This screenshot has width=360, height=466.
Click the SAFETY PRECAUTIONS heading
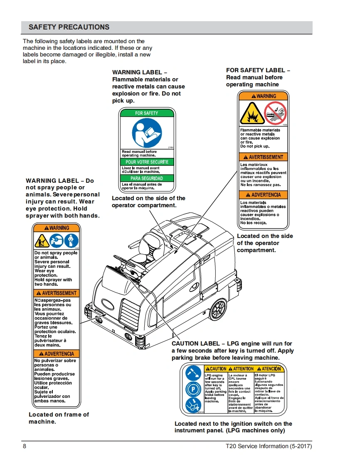point(69,27)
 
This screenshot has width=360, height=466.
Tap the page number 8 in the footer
point(25,446)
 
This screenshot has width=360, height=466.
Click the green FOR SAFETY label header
point(147,113)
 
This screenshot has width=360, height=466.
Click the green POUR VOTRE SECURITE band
point(147,162)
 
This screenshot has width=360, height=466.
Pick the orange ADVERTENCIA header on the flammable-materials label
point(263,195)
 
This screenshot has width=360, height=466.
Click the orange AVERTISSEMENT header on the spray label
point(57,293)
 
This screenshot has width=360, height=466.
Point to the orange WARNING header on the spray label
point(57,228)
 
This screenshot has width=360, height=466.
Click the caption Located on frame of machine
point(59,418)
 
